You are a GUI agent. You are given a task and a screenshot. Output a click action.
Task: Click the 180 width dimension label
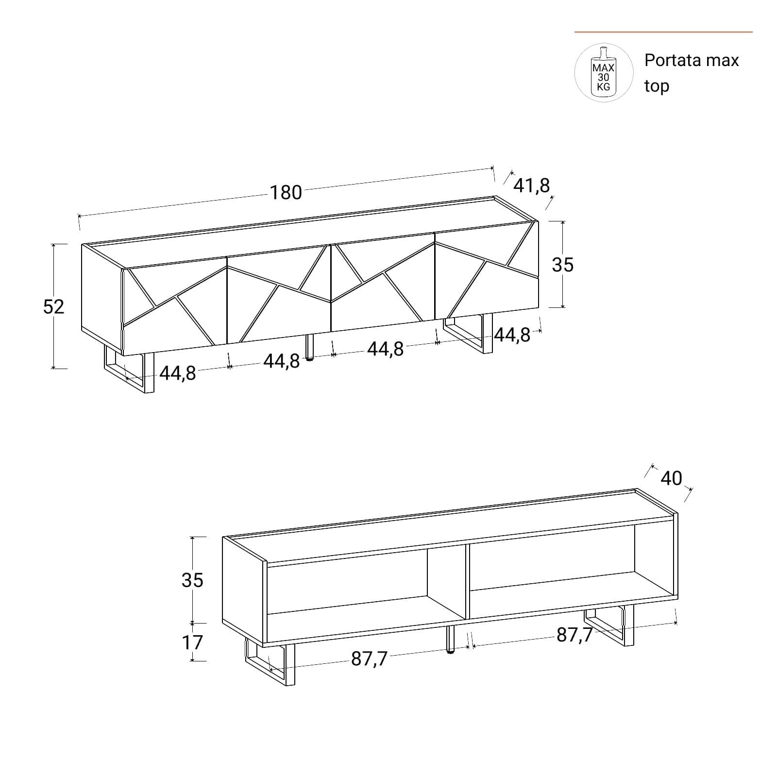286,193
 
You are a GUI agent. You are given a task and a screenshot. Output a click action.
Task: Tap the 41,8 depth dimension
531,186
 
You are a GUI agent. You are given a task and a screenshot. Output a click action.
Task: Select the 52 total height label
53,306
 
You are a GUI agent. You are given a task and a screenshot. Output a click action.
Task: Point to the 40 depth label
671,478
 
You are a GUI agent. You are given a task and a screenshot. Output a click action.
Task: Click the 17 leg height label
192,642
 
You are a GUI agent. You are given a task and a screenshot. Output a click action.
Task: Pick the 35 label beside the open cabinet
192,580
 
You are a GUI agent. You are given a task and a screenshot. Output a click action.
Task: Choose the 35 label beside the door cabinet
562,265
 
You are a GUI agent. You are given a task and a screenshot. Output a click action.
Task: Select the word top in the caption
657,86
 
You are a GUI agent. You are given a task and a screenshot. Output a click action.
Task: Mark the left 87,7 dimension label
370,659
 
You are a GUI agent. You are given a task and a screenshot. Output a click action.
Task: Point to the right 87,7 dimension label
574,635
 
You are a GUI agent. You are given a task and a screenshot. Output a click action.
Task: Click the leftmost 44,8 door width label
178,373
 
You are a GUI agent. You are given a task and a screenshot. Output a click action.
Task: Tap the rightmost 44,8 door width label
512,335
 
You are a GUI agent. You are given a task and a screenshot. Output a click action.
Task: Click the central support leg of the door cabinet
309,347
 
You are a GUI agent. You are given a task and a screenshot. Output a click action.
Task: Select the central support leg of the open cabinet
451,640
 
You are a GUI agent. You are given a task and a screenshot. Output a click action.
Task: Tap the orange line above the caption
663,32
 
